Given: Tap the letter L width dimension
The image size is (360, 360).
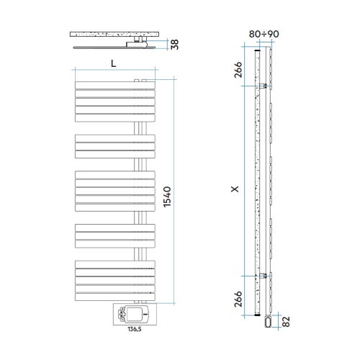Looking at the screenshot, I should point(114,63).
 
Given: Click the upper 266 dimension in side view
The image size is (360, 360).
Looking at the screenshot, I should point(239,70).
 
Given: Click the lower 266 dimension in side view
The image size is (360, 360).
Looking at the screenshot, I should point(239,297).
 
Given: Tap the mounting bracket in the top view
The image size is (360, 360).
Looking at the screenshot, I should point(135,44).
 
